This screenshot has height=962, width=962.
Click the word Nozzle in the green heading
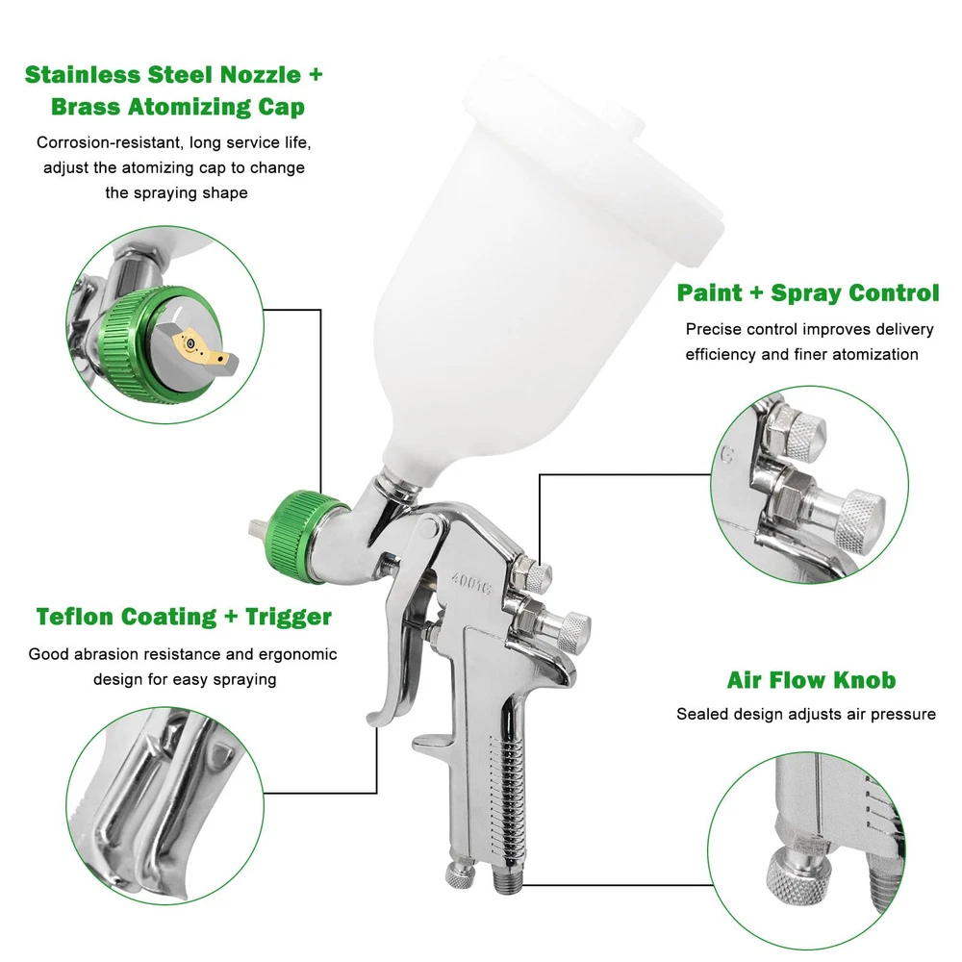pyautogui.click(x=261, y=74)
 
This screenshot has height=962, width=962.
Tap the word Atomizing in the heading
pyautogui.click(x=189, y=107)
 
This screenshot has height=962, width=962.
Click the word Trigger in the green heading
pyautogui.click(x=289, y=617)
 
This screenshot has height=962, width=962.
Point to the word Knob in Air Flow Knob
pyautogui.click(x=865, y=680)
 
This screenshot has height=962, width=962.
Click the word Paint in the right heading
pyautogui.click(x=709, y=292)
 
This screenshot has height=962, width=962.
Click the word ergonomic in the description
pyautogui.click(x=297, y=654)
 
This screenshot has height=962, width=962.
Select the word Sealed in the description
pyautogui.click(x=698, y=714)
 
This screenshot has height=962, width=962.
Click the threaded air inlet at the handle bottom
pyautogui.click(x=507, y=880)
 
